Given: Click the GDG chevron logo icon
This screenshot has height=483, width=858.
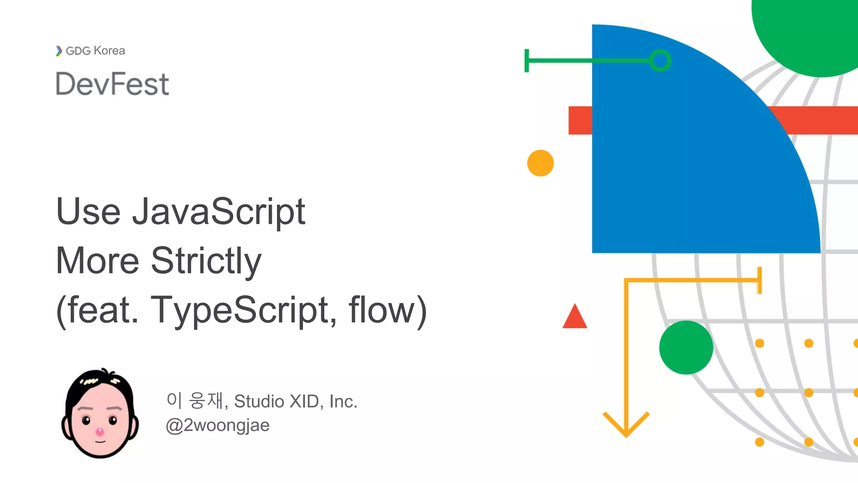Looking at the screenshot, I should click(59, 51).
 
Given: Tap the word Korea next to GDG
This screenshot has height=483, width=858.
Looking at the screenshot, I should click(109, 51).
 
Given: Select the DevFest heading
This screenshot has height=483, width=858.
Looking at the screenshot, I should click(112, 84).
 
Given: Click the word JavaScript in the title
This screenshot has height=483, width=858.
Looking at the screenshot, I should click(219, 211).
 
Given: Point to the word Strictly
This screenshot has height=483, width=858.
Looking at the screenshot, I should click(206, 261).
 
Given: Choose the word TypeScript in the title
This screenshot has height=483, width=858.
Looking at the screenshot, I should click(243, 310).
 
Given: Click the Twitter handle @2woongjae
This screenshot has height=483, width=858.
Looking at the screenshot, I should click(217, 425).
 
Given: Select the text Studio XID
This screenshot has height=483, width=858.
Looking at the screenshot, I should click(277, 401).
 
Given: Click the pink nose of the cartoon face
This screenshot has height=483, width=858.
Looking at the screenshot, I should click(100, 431).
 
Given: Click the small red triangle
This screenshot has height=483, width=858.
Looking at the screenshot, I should click(575, 317).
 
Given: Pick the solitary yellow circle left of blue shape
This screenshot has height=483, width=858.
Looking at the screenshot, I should click(540, 163).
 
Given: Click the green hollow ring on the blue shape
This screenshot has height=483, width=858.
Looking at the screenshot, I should click(660, 61).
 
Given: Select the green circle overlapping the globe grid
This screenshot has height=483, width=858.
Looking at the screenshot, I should click(686, 348).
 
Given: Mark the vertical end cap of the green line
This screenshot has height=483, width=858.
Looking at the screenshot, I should click(527, 61).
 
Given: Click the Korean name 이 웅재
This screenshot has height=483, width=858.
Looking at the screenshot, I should click(195, 400).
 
